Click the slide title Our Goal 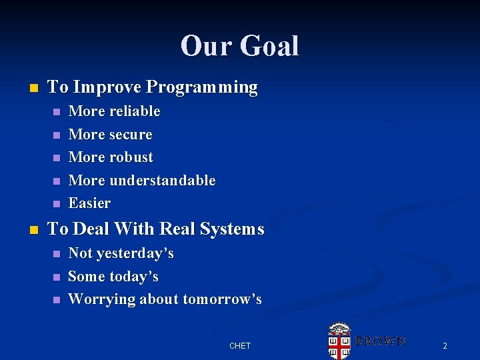click(x=239, y=46)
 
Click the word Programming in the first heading click(x=202, y=87)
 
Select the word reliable click(x=135, y=111)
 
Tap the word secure click(x=131, y=135)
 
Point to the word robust click(x=131, y=157)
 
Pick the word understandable click(x=162, y=180)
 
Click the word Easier click(x=89, y=203)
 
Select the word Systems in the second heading click(x=233, y=229)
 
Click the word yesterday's click(x=135, y=253)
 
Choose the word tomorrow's click(x=222, y=299)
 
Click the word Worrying click(x=101, y=299)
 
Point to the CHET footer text click(x=239, y=345)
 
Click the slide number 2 click(x=445, y=345)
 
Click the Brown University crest click(x=339, y=341)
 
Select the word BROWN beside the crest click(x=380, y=341)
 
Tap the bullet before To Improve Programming click(x=35, y=88)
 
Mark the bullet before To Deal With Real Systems click(x=35, y=230)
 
